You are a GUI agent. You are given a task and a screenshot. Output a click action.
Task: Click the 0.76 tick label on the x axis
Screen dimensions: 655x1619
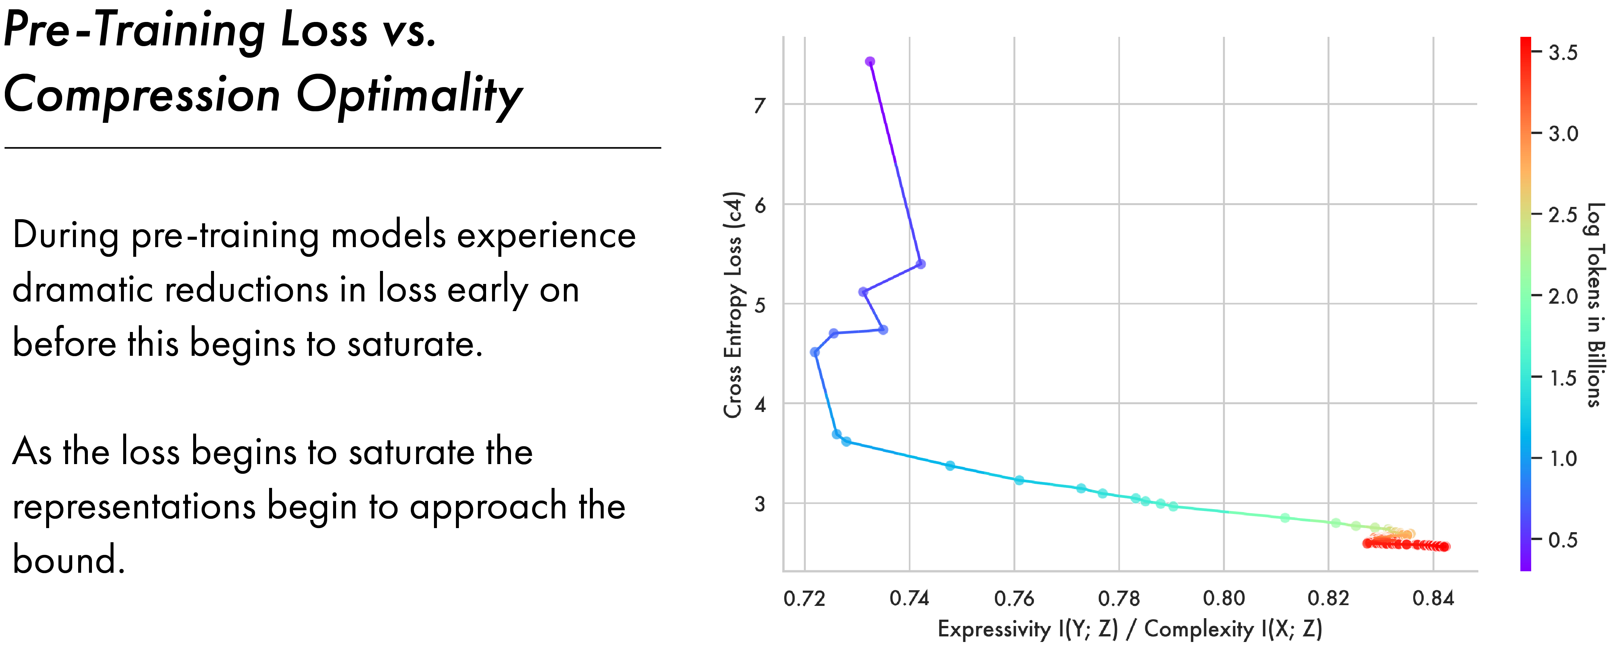click(x=1014, y=598)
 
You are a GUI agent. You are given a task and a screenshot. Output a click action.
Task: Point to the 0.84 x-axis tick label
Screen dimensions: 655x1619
click(x=1433, y=598)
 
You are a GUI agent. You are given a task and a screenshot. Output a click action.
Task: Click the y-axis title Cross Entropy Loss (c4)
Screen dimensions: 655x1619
click(x=733, y=305)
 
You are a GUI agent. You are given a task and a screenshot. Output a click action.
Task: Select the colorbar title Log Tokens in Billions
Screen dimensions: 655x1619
click(x=1595, y=305)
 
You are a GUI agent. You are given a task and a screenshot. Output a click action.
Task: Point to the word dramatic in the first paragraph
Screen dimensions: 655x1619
click(x=82, y=290)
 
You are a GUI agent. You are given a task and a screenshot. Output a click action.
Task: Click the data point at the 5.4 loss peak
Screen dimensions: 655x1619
click(x=921, y=264)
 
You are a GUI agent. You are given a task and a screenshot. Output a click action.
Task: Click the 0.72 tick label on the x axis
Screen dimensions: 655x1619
click(x=804, y=598)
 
